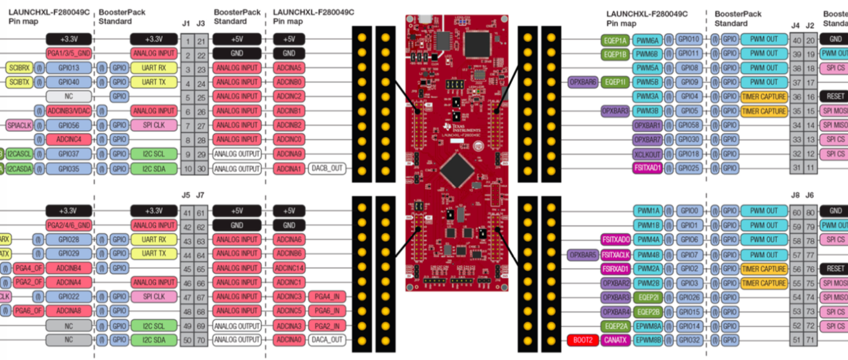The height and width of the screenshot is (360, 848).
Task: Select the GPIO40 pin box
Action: (68, 82)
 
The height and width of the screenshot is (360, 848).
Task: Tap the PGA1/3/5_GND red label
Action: (68, 53)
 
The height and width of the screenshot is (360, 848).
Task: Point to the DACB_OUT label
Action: (328, 169)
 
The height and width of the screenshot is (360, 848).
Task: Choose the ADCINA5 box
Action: (289, 68)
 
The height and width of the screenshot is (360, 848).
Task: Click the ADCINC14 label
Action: (289, 268)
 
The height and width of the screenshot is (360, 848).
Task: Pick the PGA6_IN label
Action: (328, 311)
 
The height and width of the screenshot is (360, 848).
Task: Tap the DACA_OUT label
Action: (328, 340)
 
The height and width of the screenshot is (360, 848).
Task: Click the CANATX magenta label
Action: (615, 340)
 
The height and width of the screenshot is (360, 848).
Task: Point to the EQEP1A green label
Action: (615, 39)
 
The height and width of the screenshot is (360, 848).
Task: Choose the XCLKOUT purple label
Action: (647, 154)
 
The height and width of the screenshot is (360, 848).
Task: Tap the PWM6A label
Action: (647, 39)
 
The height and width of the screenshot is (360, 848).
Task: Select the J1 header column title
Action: (185, 24)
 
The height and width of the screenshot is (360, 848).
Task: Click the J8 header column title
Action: (796, 195)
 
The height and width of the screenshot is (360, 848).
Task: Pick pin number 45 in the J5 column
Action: (186, 268)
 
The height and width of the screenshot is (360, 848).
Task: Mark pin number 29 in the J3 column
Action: (200, 154)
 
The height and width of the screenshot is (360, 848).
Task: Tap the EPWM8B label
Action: (647, 340)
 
